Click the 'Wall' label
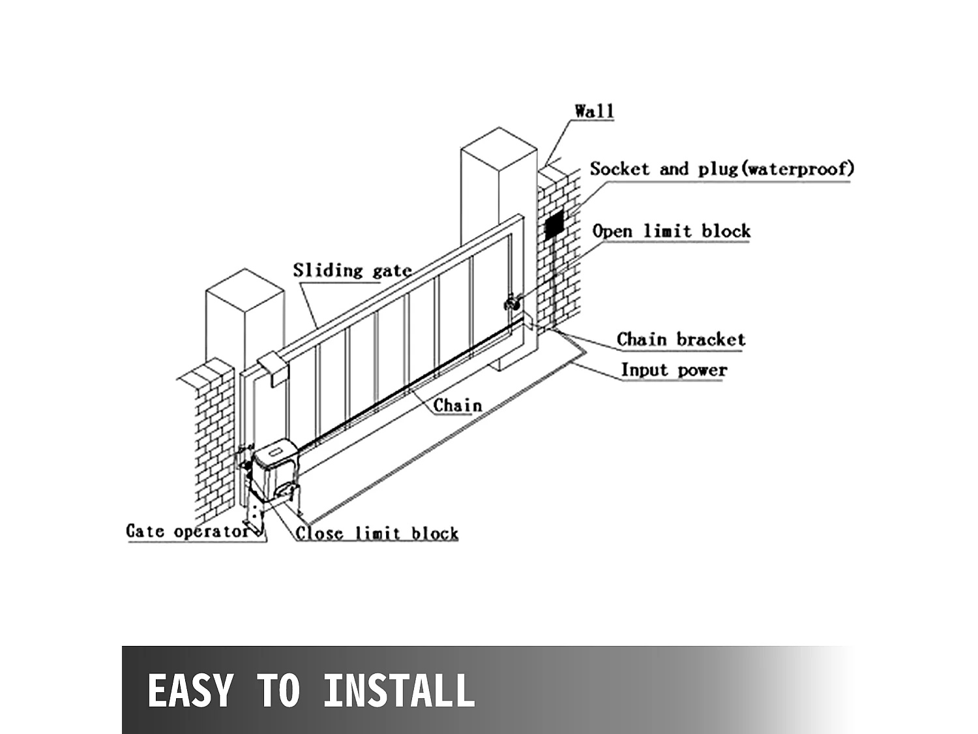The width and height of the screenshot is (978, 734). (594, 111)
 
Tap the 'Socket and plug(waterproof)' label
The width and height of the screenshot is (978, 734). (722, 169)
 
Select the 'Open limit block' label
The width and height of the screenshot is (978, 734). (671, 231)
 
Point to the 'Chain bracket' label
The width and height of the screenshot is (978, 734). (681, 339)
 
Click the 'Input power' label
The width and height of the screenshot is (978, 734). (674, 370)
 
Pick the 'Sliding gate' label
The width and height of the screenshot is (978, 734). (352, 270)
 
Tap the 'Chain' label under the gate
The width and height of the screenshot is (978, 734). (458, 405)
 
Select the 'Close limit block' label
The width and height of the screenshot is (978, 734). (377, 533)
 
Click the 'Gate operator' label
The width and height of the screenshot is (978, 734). (188, 531)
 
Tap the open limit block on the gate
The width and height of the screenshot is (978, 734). (511, 303)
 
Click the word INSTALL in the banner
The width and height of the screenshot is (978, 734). (399, 690)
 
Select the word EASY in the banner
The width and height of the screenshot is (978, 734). (190, 690)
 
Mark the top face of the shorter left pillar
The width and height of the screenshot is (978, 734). (244, 286)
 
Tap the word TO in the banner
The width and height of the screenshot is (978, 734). (278, 690)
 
